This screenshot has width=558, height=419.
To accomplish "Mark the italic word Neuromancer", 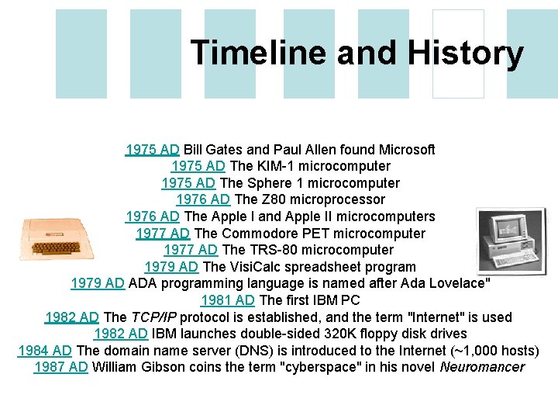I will click(482, 367).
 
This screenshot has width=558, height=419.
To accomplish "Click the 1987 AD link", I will click(61, 367).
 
